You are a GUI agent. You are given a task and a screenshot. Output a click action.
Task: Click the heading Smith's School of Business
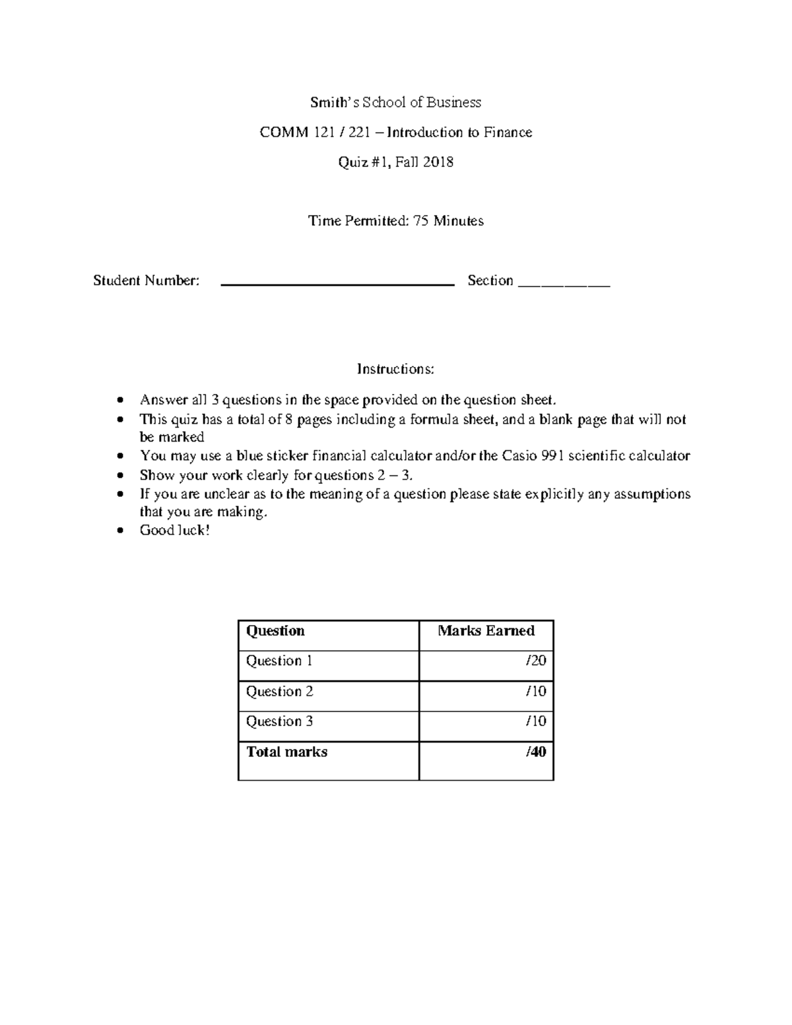pos(395,102)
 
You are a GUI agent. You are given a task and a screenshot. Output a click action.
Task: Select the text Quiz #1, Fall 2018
pos(395,162)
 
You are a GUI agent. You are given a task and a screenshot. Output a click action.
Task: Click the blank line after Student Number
pos(337,283)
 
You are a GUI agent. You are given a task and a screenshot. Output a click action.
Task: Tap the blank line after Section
pos(564,283)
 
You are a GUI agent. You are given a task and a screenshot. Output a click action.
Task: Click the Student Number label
pos(146,281)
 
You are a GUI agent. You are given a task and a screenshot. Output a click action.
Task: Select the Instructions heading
pos(395,369)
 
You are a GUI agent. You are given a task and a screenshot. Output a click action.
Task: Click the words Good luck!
pos(174,530)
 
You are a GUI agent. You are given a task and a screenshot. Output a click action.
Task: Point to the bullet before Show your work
pos(119,476)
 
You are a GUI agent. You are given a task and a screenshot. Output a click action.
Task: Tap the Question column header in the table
pos(275,631)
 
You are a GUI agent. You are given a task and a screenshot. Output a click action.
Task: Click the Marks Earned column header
pos(486,631)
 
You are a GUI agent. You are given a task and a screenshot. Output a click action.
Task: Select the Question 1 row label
pos(279,661)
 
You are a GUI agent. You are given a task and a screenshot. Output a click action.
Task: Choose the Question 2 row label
pos(279,692)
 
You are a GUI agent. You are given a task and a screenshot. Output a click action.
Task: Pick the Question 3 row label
pos(279,721)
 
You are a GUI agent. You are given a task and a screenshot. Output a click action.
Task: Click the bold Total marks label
pos(286,752)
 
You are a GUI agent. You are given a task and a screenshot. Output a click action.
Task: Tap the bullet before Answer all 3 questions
pos(119,400)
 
